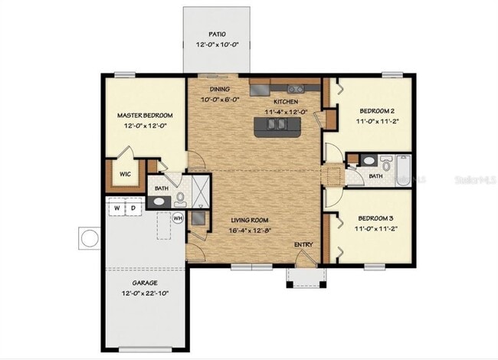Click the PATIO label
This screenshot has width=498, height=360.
[218, 34]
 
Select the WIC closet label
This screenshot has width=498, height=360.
[124, 174]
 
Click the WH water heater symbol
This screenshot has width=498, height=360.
[178, 218]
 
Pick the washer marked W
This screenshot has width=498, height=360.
[117, 208]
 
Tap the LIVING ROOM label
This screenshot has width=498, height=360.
[253, 219]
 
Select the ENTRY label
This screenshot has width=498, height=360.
[303, 245]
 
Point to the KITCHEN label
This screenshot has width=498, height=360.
[286, 102]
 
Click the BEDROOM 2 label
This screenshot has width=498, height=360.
[376, 110]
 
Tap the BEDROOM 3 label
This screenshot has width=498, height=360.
[376, 218]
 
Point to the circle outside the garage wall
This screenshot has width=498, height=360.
[90, 238]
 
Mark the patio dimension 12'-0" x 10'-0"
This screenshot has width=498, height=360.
[218, 45]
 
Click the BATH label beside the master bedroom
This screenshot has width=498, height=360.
[162, 188]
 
